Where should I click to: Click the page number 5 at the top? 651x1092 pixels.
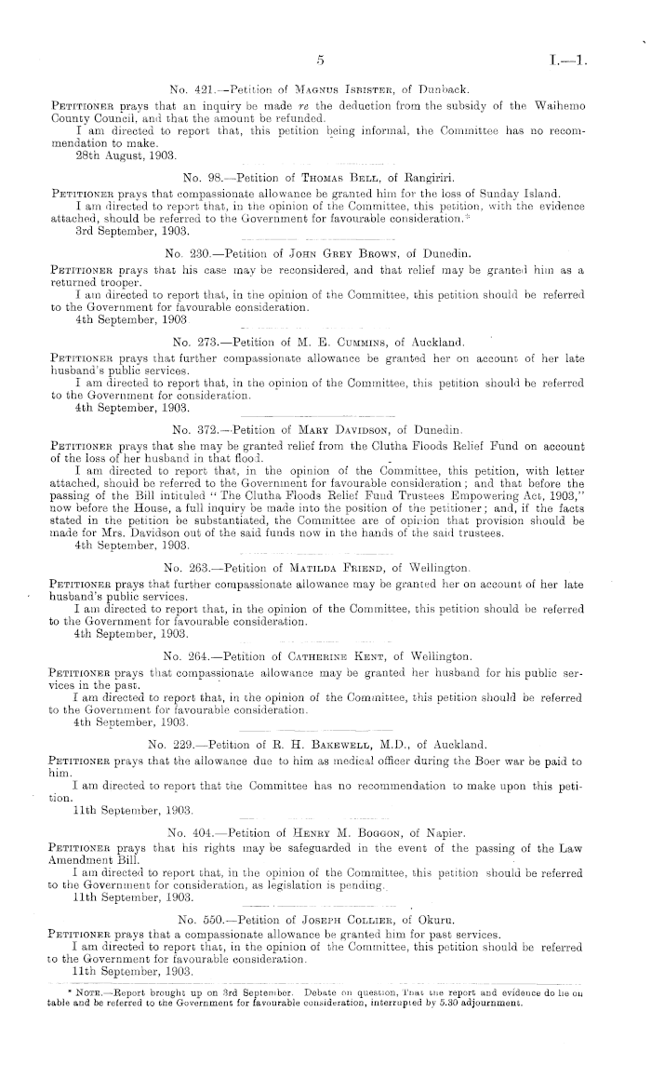(318, 61)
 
